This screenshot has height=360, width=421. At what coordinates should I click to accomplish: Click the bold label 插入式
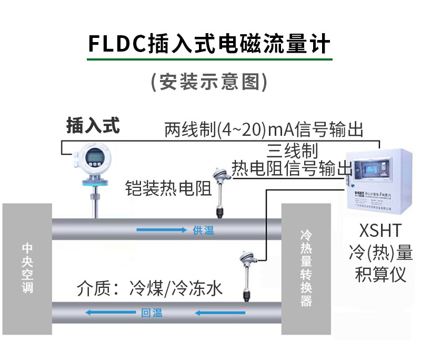pos(93,126)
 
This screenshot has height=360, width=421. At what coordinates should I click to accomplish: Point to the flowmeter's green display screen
pos(95,157)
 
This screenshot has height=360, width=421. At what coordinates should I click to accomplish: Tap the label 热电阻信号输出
pos(292,168)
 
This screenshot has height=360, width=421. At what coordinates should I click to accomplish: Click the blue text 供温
pos(204,230)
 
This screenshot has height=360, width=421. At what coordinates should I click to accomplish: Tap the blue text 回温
pos(152,313)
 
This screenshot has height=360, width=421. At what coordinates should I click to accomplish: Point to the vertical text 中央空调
pos(27,268)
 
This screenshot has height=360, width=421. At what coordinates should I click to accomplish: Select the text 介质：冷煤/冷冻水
pos(149,288)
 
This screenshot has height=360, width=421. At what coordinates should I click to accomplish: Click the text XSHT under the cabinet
pos(380,231)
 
